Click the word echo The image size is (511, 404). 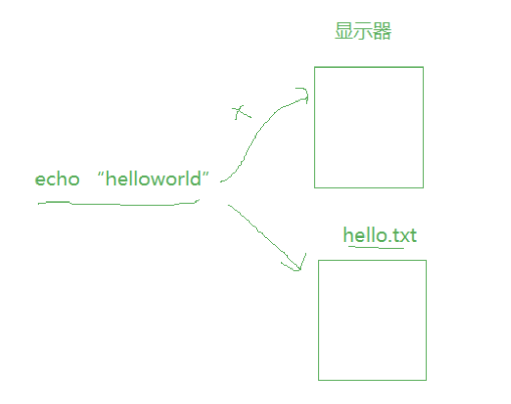click(x=57, y=179)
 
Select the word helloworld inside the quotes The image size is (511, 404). click(x=153, y=179)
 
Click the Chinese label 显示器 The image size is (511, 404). click(x=363, y=32)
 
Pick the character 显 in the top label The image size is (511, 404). click(x=344, y=32)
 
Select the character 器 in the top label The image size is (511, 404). click(x=383, y=32)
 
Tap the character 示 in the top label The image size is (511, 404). click(x=363, y=32)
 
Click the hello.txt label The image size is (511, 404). click(x=380, y=235)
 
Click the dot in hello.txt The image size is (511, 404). click(x=389, y=241)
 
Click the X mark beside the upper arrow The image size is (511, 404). click(x=241, y=112)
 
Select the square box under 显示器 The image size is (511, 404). click(x=369, y=127)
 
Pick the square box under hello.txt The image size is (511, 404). click(x=372, y=320)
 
